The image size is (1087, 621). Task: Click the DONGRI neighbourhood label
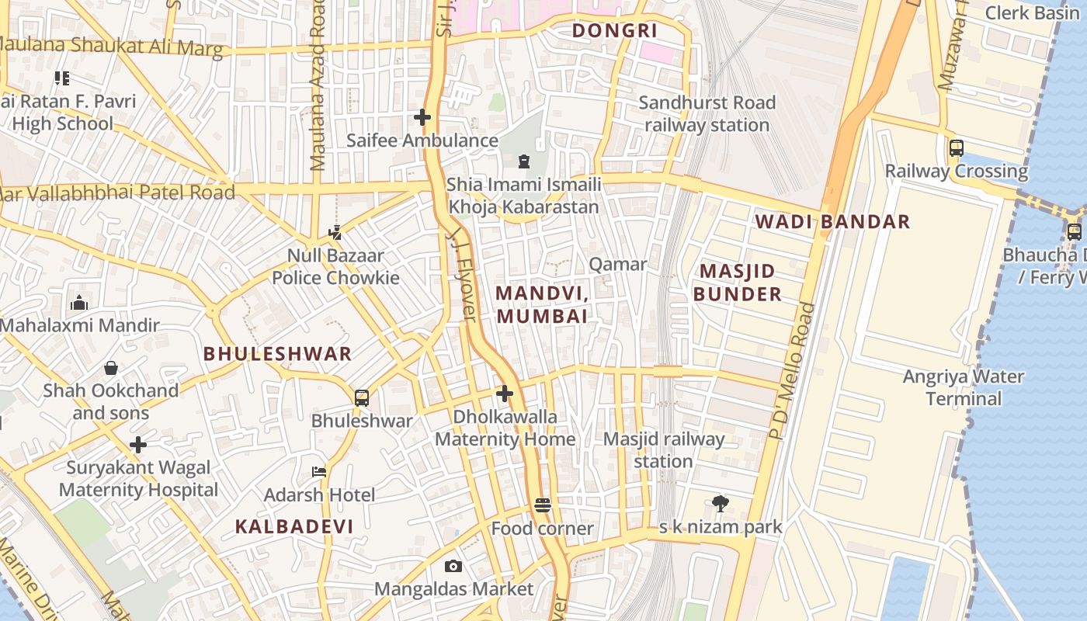[x=614, y=31]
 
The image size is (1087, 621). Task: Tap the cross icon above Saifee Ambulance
[x=422, y=117]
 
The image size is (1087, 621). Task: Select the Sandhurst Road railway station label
[x=707, y=113]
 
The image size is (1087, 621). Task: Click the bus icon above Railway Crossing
[x=957, y=147]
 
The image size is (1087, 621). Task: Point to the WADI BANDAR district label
[x=832, y=221]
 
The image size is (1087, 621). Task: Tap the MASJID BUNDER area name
[x=737, y=283]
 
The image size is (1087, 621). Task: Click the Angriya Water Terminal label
[x=963, y=387]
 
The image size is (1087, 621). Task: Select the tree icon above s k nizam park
[x=721, y=504]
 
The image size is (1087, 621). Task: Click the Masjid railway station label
[x=663, y=450]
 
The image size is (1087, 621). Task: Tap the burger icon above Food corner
[x=543, y=505]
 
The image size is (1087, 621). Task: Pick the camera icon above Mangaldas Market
[x=453, y=566]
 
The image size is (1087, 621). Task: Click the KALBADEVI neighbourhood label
[x=294, y=526]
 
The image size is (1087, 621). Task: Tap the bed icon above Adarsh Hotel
[x=318, y=471]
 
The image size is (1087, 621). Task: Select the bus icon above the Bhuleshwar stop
[x=361, y=398]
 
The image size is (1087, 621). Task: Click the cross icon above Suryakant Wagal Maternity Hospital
[x=138, y=445]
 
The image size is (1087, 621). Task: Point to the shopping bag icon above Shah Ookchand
[x=111, y=367]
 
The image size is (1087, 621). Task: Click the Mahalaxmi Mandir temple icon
[x=79, y=303]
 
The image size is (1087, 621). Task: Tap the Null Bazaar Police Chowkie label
[x=335, y=266]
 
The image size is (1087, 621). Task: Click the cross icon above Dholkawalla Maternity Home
[x=505, y=394]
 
